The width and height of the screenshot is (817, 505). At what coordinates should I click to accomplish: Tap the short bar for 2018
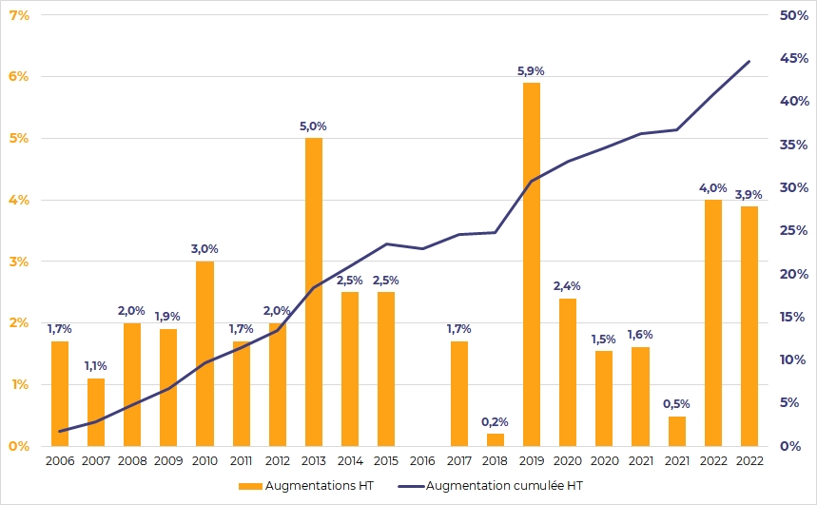(495, 439)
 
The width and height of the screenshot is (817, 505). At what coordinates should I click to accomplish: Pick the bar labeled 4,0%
(712, 322)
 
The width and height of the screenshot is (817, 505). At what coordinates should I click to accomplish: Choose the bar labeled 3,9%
(749, 325)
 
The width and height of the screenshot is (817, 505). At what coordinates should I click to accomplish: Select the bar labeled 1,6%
(640, 396)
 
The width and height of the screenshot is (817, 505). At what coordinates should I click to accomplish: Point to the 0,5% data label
(676, 402)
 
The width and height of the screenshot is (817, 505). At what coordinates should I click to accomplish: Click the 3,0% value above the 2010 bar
(204, 248)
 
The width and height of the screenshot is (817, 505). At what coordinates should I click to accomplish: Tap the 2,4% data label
(567, 285)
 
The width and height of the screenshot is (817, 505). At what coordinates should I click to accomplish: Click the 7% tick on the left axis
(18, 15)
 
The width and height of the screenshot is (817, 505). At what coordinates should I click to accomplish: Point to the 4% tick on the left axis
(18, 200)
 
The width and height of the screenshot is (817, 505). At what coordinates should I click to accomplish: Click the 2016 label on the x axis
(422, 461)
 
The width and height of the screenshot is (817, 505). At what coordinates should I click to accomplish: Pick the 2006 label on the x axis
(60, 461)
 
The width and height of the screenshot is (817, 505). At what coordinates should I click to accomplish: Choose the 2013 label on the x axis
(313, 461)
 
